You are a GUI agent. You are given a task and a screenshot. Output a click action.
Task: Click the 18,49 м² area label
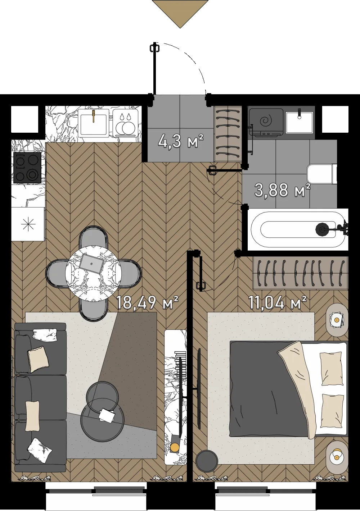147,302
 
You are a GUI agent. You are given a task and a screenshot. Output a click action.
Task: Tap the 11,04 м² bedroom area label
277,302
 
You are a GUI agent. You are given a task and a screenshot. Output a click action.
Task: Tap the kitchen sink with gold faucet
94,123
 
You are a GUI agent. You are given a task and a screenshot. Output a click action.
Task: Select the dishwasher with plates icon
125,123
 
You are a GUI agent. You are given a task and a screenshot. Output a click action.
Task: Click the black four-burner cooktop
27,168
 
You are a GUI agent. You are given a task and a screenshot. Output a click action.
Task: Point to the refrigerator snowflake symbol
28,224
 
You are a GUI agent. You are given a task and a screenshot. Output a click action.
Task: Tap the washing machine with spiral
266,122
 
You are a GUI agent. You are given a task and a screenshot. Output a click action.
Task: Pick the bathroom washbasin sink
299,121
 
